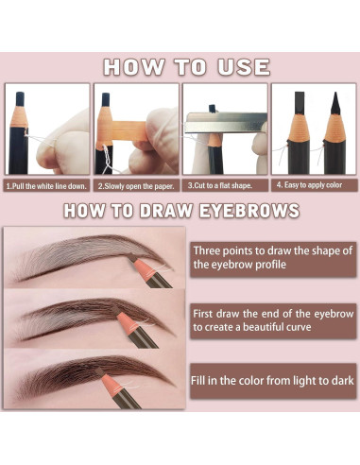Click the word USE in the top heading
[244, 67]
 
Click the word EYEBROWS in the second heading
[249, 211]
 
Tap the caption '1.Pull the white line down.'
[46, 186]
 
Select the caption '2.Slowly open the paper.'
[136, 186]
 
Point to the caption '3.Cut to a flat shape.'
[220, 185]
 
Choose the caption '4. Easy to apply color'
[309, 185]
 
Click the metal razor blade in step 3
[226, 123]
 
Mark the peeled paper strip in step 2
[129, 130]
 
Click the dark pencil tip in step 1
[20, 100]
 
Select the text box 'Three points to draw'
[273, 259]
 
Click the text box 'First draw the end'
[273, 320]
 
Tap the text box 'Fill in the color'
[273, 381]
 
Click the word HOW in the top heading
[134, 67]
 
